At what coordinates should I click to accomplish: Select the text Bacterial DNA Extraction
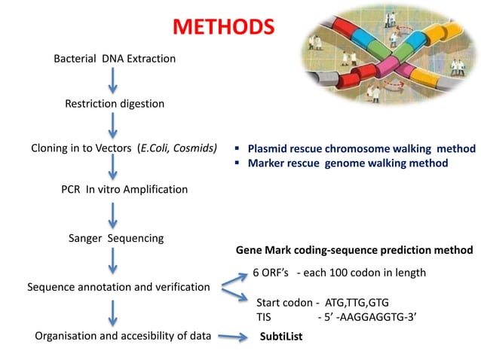(x=115, y=58)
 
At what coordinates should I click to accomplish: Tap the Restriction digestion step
(x=114, y=103)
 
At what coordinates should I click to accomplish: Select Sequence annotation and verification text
(x=118, y=287)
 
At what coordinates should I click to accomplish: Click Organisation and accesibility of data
(x=123, y=336)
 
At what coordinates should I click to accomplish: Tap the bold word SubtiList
(x=281, y=337)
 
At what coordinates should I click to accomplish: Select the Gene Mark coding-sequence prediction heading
(x=354, y=249)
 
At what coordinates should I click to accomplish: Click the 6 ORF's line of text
(x=339, y=272)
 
